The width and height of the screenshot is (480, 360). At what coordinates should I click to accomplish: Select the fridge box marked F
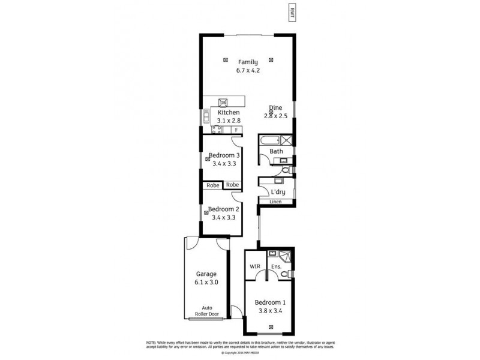[x=237, y=130]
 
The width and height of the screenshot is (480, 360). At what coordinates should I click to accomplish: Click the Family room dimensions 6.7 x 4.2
[x=247, y=70]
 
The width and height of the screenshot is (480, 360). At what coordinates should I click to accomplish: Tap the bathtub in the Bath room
[x=271, y=141]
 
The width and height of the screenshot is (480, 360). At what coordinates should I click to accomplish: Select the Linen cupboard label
[x=275, y=202]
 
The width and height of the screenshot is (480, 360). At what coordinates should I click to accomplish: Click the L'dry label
[x=277, y=192]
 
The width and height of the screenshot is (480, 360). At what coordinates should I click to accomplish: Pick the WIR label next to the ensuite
[x=254, y=266]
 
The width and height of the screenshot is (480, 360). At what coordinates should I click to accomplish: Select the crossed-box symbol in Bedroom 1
[x=271, y=327]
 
